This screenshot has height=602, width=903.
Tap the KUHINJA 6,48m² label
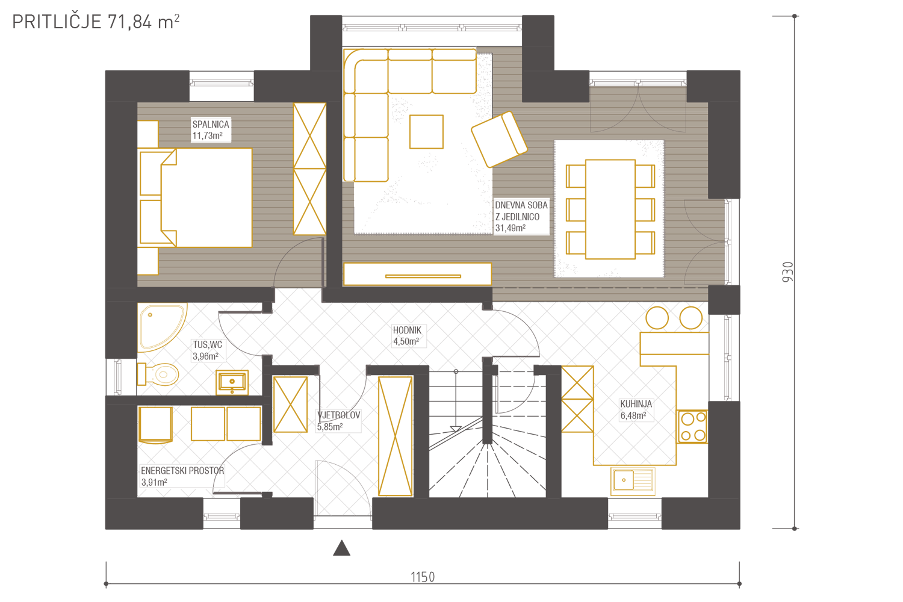[636, 410]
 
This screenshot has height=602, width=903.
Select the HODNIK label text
[407, 330]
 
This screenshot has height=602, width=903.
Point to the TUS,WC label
[207, 345]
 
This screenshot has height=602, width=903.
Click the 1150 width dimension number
[423, 577]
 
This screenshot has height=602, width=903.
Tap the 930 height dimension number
[787, 272]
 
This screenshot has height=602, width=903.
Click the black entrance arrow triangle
[341, 548]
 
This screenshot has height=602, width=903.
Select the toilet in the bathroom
[158, 374]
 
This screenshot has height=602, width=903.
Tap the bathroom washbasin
[232, 382]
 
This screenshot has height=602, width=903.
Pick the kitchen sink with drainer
[633, 480]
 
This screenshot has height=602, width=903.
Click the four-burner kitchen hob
[692, 427]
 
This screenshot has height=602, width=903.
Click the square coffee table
[426, 132]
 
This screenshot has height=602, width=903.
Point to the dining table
[610, 209]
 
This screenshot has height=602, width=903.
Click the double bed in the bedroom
[196, 197]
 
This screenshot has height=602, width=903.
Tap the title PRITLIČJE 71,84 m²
[96, 22]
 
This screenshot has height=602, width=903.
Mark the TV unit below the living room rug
[418, 274]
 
